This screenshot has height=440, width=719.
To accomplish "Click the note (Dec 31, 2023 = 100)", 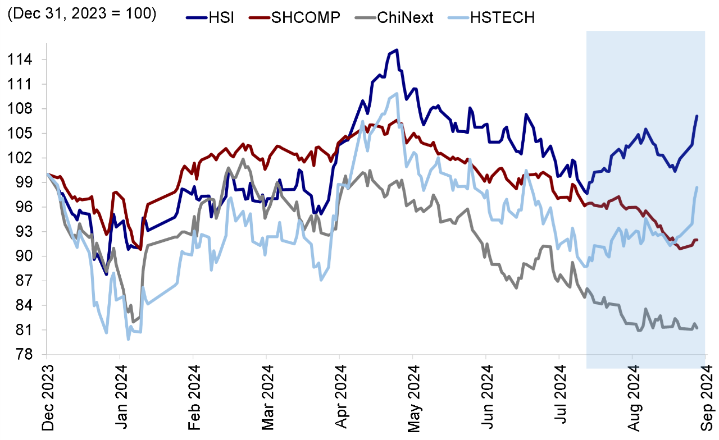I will pos(81,13).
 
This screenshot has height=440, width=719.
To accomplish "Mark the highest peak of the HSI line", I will pos(397,50).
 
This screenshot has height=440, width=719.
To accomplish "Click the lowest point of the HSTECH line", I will pos(128,339).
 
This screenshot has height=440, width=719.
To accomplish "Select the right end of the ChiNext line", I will pos(697,328).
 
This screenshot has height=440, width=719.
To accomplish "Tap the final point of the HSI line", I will pos(697,116).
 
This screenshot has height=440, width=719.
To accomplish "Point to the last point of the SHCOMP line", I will pos(697,240).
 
